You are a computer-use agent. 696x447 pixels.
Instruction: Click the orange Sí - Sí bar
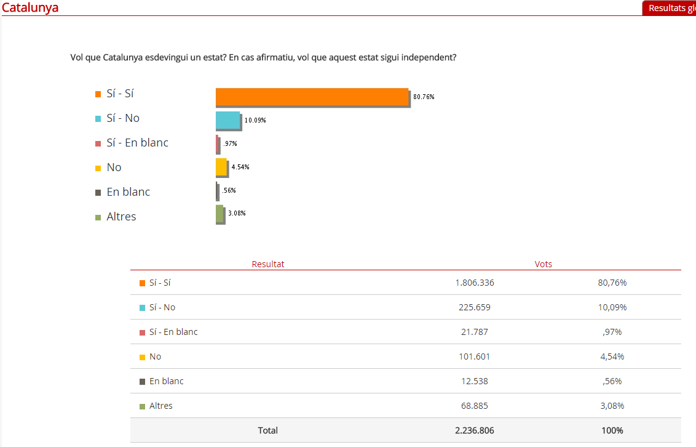[312, 97]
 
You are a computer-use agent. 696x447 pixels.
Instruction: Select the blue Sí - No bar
[227, 120]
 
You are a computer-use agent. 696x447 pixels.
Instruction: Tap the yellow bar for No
[221, 167]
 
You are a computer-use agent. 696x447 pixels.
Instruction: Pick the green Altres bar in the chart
[219, 214]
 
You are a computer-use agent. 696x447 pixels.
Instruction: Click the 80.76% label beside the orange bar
[424, 97]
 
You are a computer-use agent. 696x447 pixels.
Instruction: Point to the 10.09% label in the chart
[255, 120]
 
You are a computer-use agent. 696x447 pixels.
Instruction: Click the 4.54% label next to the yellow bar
[240, 167]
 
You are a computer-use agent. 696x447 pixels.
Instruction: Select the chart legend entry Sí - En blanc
[137, 143]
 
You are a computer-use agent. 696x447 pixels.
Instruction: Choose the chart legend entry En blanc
[128, 192]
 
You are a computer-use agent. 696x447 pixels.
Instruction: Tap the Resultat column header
[268, 264]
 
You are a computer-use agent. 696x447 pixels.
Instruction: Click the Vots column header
[544, 264]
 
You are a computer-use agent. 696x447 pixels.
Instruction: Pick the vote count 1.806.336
[475, 283]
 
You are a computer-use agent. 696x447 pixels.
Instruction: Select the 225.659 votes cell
[475, 307]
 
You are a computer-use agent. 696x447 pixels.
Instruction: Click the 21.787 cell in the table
[475, 332]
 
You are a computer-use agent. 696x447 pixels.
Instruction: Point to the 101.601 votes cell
[475, 356]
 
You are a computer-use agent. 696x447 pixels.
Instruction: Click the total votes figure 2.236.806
[475, 430]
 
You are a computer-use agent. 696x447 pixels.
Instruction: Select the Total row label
[268, 430]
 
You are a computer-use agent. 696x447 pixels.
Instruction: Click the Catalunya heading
[30, 8]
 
